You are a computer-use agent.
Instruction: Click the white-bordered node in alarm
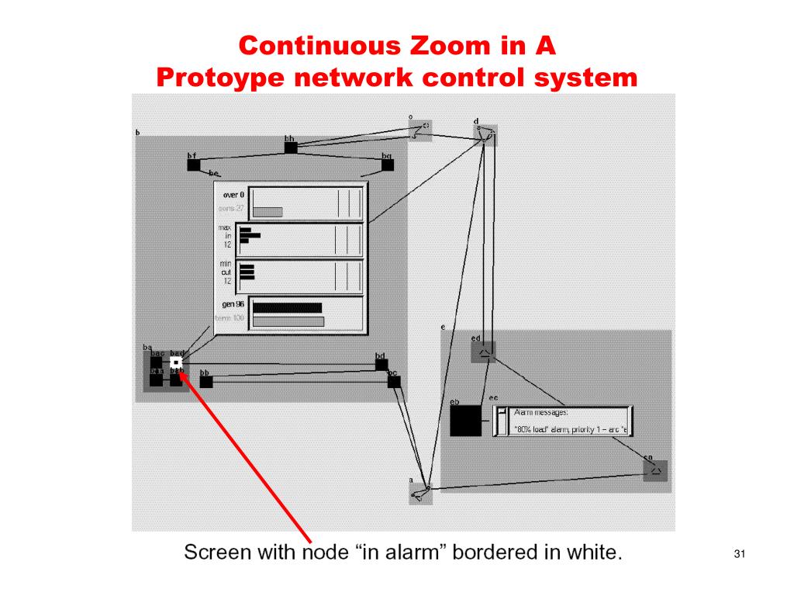point(176,362)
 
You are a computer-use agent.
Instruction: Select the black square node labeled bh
point(291,147)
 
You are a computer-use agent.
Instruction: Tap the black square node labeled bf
point(193,165)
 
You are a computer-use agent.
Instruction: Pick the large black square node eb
point(465,421)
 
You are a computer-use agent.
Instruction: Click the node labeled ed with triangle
point(483,352)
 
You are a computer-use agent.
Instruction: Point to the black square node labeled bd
point(381,365)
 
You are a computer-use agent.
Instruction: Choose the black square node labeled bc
point(394,381)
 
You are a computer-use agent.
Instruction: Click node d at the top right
point(485,133)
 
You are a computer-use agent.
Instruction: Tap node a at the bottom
point(421,492)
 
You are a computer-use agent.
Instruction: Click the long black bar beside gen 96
point(287,307)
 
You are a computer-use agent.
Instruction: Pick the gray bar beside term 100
point(288,321)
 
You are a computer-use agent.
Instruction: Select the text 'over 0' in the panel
point(233,195)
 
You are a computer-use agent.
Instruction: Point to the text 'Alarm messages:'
point(541,412)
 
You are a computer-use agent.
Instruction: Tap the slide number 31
point(738,554)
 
